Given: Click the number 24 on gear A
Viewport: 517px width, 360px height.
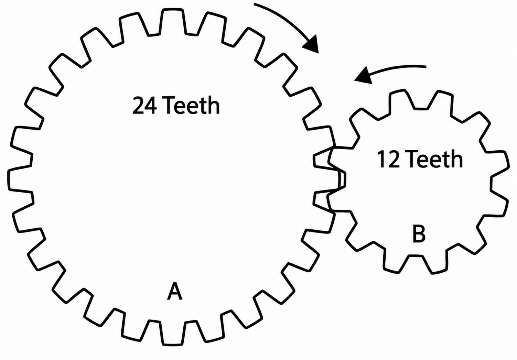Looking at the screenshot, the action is (x=145, y=106).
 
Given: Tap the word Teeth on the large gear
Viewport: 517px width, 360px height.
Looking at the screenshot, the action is (x=192, y=105).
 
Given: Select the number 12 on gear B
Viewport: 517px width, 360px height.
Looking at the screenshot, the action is (x=388, y=159).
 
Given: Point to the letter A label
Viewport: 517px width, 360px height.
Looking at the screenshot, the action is (x=175, y=292).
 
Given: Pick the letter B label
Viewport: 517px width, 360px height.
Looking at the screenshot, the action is (x=419, y=234).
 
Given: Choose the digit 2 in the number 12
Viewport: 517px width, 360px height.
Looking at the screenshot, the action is (x=394, y=159).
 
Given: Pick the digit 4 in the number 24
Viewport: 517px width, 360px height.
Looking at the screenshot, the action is (x=151, y=106).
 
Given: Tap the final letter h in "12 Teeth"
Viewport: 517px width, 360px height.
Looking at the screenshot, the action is (x=456, y=159).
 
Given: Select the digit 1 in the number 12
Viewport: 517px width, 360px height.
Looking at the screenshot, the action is (x=382, y=159).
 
